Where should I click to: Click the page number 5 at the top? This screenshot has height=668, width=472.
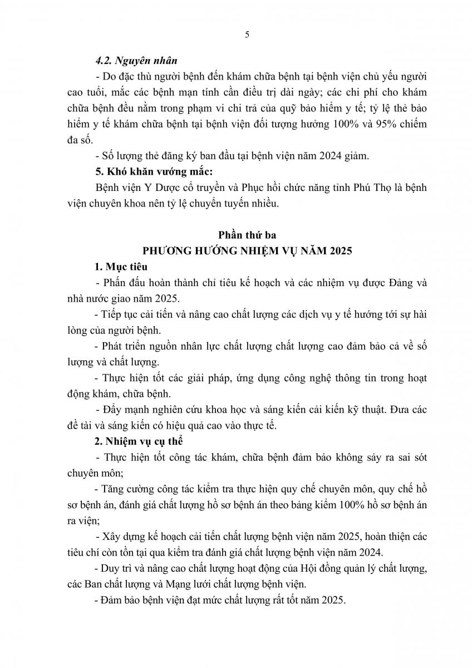click(x=247, y=35)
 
